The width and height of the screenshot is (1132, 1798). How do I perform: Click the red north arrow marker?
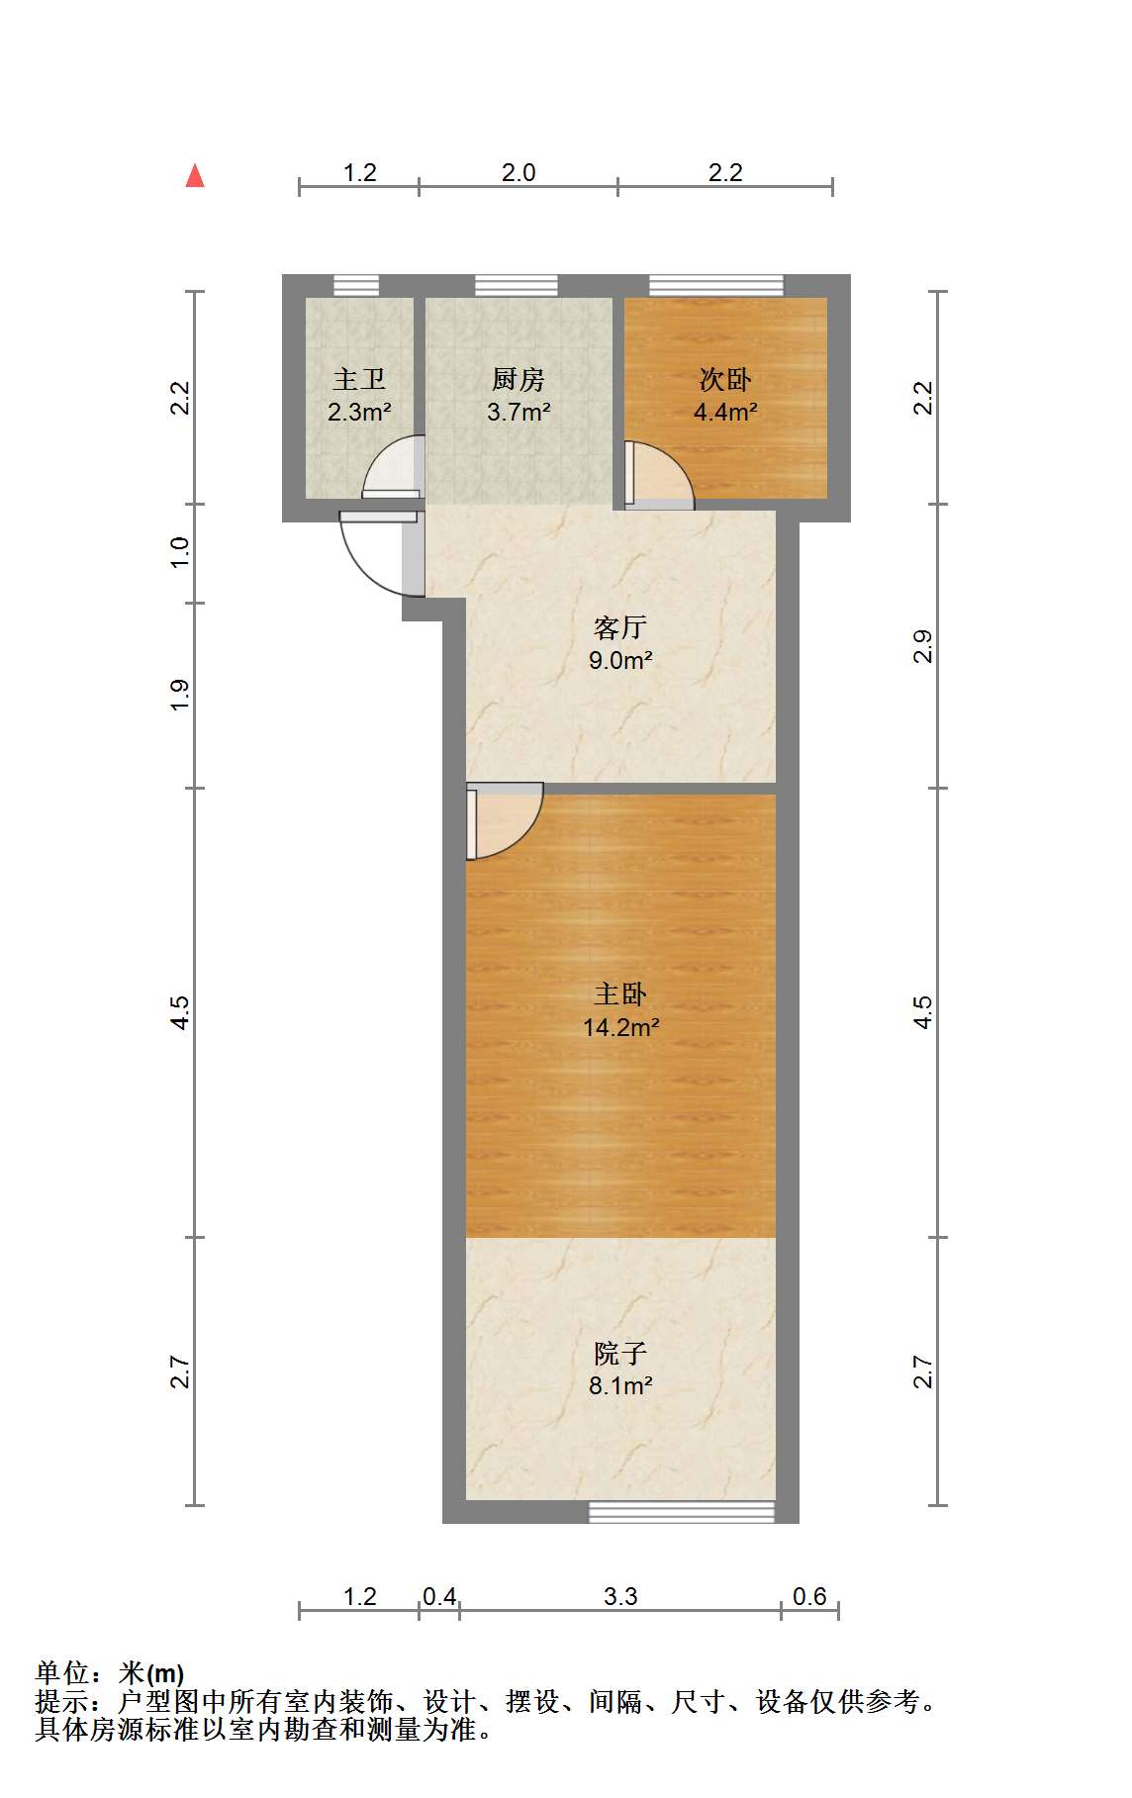(x=195, y=176)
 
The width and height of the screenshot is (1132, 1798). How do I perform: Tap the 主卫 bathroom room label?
(x=358, y=379)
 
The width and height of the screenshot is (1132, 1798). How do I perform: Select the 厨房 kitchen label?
(x=518, y=379)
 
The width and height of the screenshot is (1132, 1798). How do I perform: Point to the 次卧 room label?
(x=725, y=379)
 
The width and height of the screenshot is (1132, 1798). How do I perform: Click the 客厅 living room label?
(x=620, y=627)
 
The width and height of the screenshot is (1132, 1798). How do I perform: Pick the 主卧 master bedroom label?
(x=620, y=994)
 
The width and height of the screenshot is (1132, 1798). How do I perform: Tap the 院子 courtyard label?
(x=620, y=1353)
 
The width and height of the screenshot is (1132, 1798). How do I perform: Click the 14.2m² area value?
(x=620, y=1027)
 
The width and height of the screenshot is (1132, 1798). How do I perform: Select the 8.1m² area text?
(x=620, y=1385)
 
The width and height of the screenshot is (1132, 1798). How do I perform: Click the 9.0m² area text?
(x=620, y=660)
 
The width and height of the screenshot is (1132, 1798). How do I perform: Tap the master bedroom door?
(x=504, y=821)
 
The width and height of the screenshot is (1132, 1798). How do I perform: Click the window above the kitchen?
(x=516, y=285)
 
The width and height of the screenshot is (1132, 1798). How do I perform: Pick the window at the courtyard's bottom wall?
(x=682, y=1511)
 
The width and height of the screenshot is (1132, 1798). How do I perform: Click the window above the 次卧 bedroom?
(x=716, y=285)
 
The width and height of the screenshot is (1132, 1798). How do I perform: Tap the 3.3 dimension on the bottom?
(x=620, y=1596)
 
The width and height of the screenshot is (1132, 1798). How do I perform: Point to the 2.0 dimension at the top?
(x=518, y=172)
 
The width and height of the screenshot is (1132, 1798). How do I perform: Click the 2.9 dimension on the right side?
(x=922, y=646)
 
